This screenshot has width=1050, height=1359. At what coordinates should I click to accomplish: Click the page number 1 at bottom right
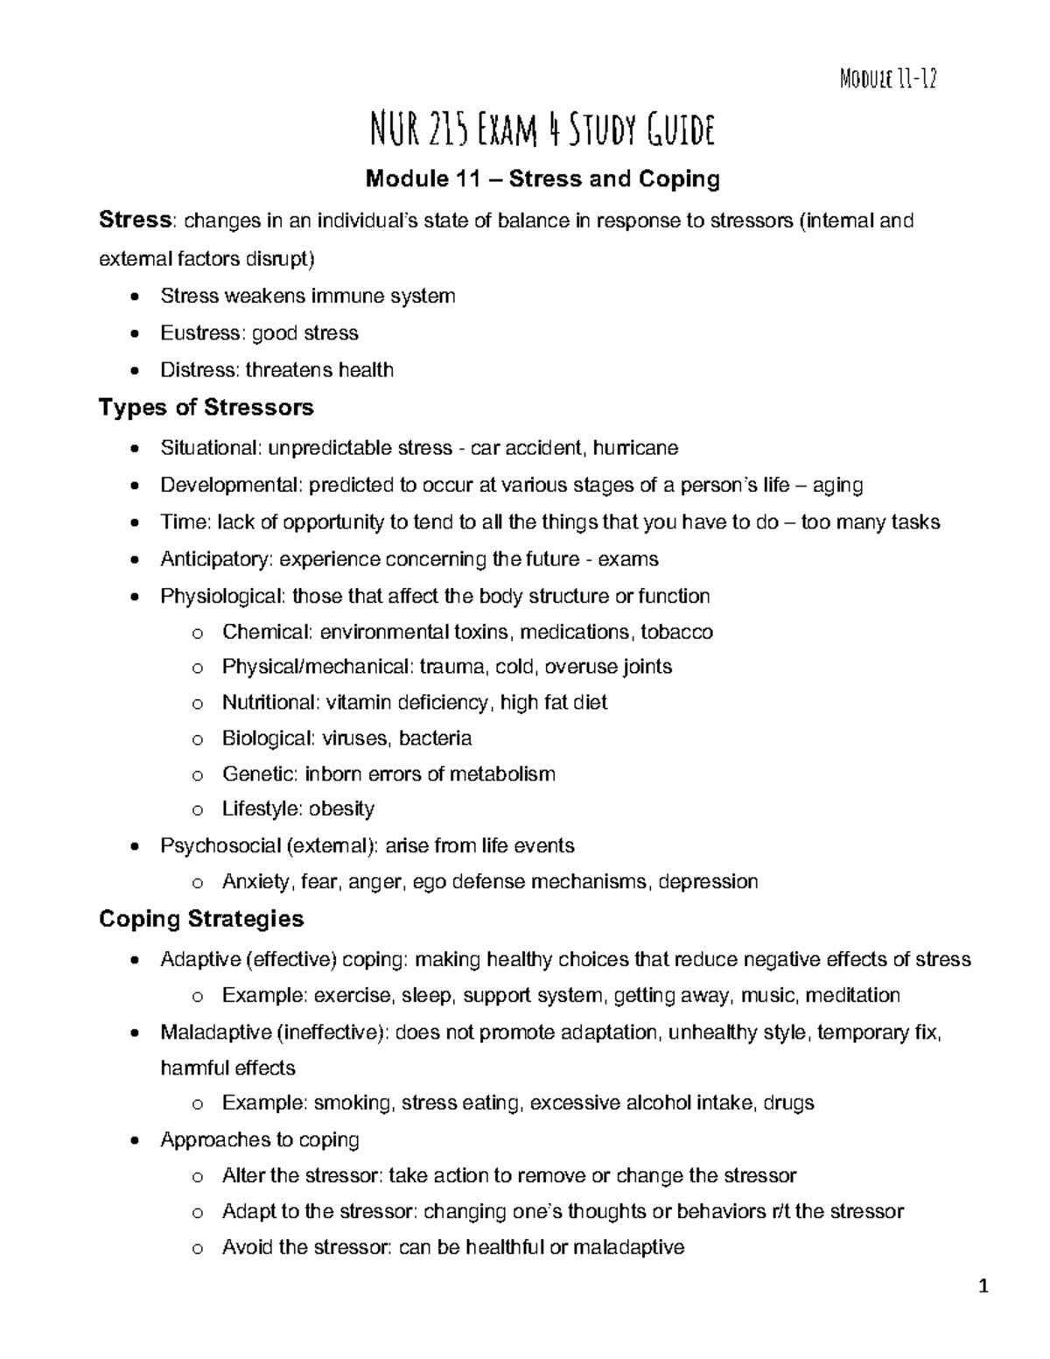983,1286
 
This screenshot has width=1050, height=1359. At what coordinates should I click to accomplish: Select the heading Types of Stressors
206,408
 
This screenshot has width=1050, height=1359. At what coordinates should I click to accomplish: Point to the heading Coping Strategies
201,919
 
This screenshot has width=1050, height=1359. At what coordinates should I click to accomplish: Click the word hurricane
635,449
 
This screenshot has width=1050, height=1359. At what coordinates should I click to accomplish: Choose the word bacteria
435,739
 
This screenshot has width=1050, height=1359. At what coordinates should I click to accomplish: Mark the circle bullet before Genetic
197,775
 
